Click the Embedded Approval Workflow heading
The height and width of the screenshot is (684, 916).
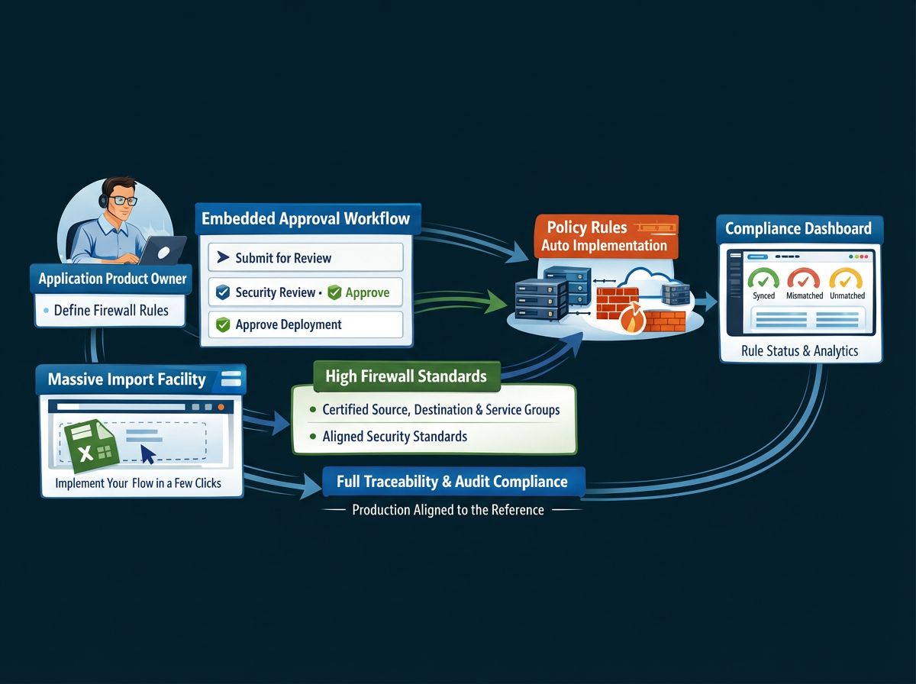(305, 219)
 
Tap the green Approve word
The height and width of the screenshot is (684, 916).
(366, 292)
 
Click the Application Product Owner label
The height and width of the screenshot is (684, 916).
(112, 279)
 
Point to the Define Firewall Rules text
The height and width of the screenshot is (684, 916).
(112, 311)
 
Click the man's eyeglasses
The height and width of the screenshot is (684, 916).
(122, 201)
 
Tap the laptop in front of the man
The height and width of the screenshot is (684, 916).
(162, 250)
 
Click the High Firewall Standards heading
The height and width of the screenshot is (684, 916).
(405, 376)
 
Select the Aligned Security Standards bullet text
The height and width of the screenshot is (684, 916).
(395, 437)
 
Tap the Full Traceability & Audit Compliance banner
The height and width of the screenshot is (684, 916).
(452, 482)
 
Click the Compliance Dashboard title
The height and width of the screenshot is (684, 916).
(798, 228)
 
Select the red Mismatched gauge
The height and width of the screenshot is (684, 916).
(803, 279)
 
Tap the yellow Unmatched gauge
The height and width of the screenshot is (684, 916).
(845, 279)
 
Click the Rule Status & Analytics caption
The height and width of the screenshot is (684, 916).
(799, 351)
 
